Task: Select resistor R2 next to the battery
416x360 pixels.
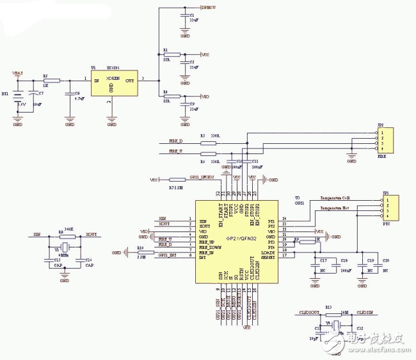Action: [51, 81]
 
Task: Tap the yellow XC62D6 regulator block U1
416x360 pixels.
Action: [111, 81]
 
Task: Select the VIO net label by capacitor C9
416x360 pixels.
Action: [205, 97]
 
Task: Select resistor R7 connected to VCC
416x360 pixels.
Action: [177, 180]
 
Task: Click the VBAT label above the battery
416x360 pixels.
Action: [17, 74]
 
